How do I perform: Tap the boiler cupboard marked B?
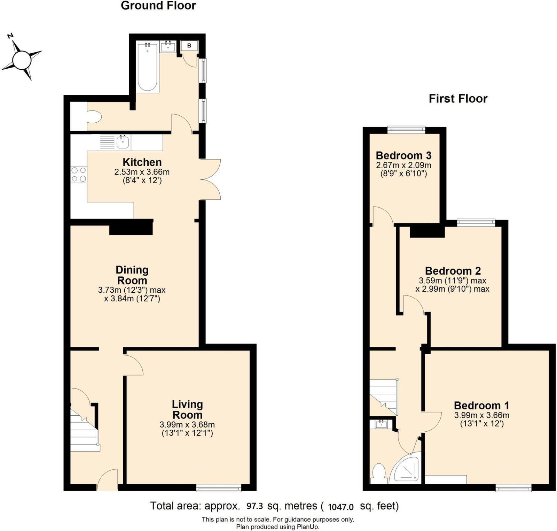point(189,46)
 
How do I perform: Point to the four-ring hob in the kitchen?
point(78,175)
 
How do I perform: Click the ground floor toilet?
point(93,117)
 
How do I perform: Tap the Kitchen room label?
point(142,162)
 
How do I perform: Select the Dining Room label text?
point(132,275)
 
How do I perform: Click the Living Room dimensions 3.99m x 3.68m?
point(187,425)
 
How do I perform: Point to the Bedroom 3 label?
point(403,155)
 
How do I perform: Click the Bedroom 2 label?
point(453,271)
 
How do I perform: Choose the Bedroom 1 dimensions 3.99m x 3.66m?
point(481,415)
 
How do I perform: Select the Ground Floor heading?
point(158,6)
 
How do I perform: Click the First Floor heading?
point(458,99)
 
